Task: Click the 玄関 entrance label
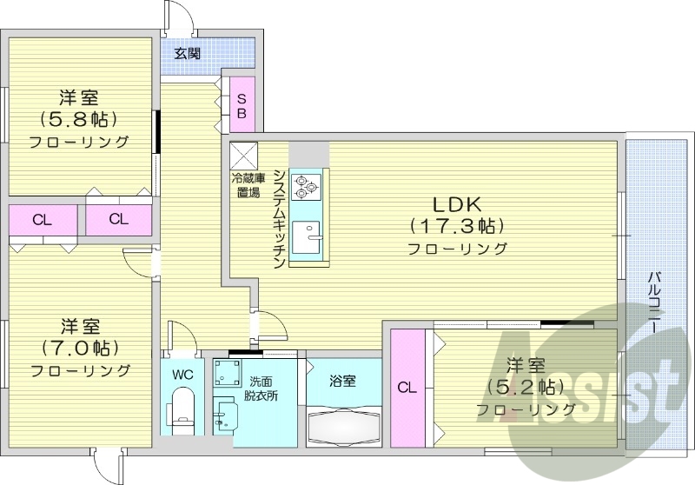tap(187, 54)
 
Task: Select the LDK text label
tap(458, 205)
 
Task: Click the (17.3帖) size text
tap(458, 227)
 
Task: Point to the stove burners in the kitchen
tap(309, 183)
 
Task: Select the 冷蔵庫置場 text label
tap(245, 185)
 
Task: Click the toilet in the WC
tap(182, 408)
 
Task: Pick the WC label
tap(182, 375)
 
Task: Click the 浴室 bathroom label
tap(342, 380)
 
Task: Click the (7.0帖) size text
tap(80, 349)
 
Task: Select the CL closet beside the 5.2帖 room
tap(406, 389)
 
